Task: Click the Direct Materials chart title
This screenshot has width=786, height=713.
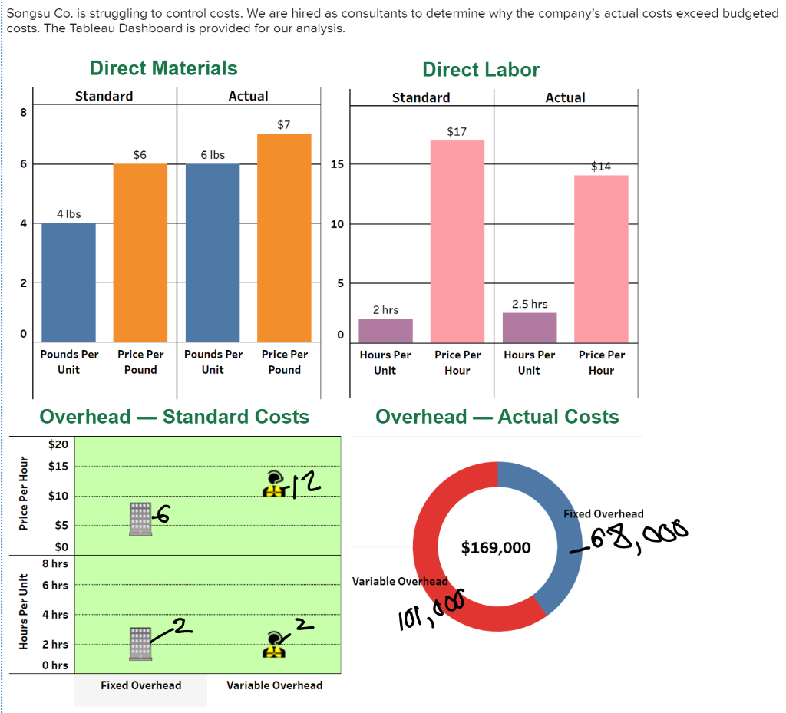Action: point(163,68)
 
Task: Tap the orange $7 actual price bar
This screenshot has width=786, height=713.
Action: point(284,238)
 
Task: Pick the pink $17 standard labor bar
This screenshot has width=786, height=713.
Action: point(457,241)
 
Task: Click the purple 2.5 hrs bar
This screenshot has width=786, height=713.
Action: point(530,328)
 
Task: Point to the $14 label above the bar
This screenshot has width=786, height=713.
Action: point(601,166)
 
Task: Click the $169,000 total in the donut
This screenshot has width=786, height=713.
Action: point(496,547)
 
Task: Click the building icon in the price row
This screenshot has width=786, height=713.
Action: point(140,519)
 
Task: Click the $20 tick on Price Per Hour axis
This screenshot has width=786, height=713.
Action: point(58,444)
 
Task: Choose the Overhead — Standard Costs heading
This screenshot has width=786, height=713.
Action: point(174,417)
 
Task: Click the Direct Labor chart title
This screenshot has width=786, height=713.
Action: point(481,70)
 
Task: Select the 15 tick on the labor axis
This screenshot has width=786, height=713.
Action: point(337,164)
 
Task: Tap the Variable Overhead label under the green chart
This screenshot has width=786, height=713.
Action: point(274,685)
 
